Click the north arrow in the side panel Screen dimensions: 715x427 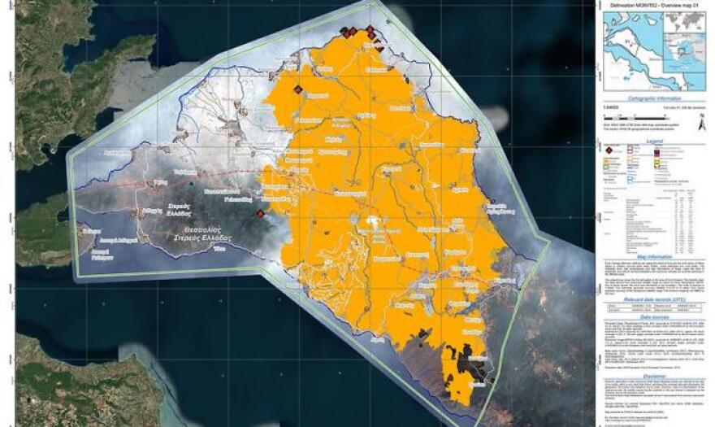click(701, 120)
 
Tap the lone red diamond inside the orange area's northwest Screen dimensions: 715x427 click(297, 89)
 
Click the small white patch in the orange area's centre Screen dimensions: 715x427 click(373, 221)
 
